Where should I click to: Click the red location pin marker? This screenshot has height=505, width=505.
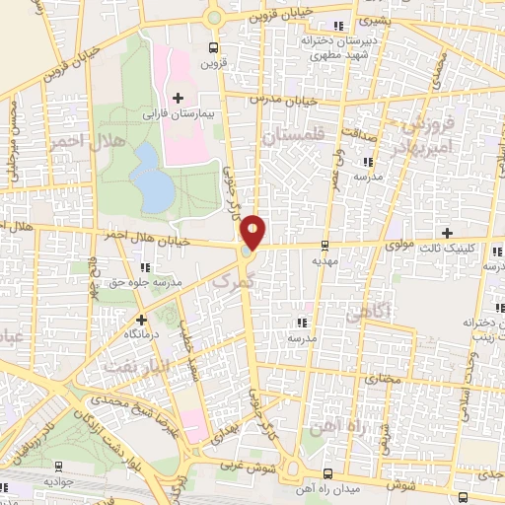(x=253, y=232)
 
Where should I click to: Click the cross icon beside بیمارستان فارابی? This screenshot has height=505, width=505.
(x=178, y=98)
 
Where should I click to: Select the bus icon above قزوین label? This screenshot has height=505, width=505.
(x=214, y=47)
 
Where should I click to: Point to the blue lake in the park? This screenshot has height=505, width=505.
(x=153, y=178)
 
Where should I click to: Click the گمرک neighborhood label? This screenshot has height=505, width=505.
(x=234, y=280)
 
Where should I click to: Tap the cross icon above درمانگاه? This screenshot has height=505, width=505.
(x=142, y=320)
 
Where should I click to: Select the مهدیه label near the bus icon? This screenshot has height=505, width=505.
(x=325, y=262)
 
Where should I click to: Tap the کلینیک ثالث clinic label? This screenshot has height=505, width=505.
(x=469, y=249)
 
